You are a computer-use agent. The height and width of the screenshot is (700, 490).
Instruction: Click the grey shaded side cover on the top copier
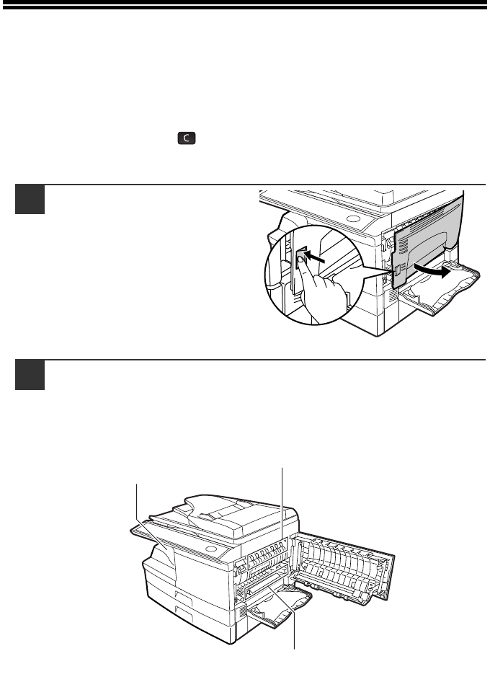pyautogui.click(x=425, y=231)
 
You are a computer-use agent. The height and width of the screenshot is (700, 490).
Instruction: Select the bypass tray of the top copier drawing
pyautogui.click(x=440, y=292)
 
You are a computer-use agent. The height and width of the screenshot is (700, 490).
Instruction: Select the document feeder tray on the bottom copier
pyautogui.click(x=216, y=508)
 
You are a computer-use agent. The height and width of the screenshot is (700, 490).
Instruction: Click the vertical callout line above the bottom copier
pyautogui.click(x=282, y=505)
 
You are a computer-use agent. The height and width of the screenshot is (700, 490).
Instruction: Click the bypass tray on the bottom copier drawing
pyautogui.click(x=277, y=613)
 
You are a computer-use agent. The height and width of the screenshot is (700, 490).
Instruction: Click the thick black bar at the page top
pyautogui.click(x=245, y=6)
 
